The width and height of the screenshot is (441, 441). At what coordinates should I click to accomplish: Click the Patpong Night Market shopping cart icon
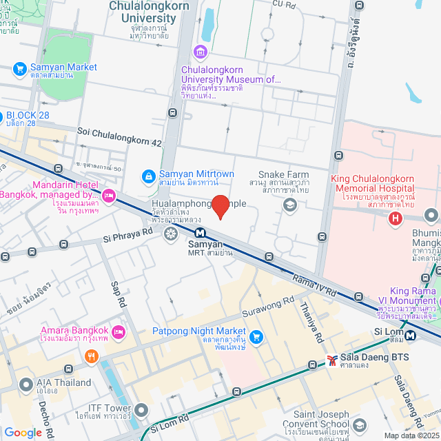click(x=256, y=337)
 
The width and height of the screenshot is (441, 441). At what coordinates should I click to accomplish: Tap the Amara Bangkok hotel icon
click(x=118, y=332)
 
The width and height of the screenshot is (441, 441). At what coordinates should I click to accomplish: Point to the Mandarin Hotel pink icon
click(x=108, y=196)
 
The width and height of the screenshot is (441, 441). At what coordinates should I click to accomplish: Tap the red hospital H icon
click(x=395, y=219)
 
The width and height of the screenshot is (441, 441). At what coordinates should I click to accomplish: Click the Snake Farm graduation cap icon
click(x=290, y=204)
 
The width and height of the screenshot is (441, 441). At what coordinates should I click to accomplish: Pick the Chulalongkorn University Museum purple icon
click(x=201, y=52)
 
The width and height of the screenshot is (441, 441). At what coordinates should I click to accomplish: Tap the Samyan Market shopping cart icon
click(x=19, y=69)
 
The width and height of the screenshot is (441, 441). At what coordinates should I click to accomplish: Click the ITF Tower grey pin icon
click(x=141, y=411)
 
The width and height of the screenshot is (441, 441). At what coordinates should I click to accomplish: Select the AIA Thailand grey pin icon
click(x=25, y=384)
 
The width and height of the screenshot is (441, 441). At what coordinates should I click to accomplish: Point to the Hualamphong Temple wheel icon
click(x=170, y=234)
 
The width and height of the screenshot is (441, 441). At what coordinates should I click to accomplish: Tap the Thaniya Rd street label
click(x=311, y=324)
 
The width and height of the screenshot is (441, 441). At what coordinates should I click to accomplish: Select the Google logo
click(x=23, y=432)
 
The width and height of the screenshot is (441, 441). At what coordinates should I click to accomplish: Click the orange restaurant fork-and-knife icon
click(x=90, y=356)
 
